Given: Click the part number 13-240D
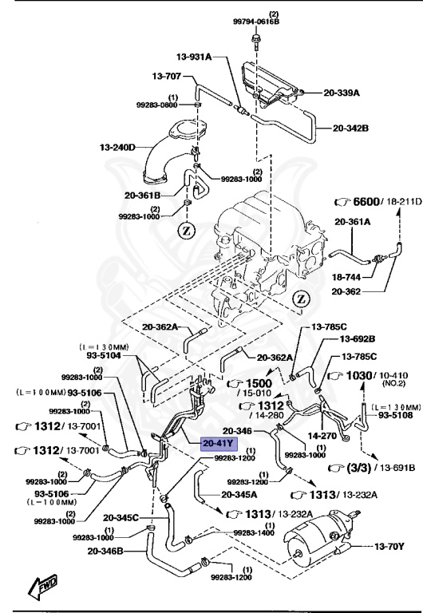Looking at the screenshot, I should coord(117,148).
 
